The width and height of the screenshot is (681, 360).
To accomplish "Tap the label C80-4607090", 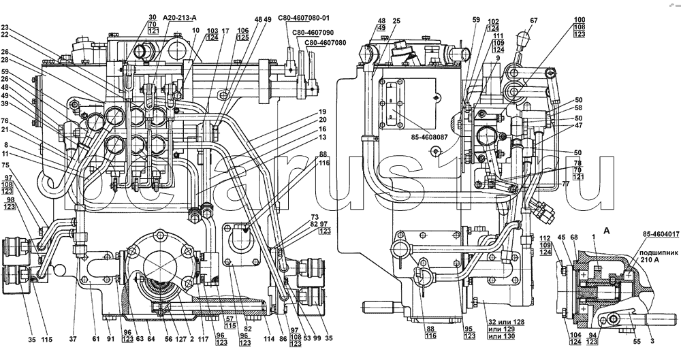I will (313, 32).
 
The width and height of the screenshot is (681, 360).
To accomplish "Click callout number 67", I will (534, 21).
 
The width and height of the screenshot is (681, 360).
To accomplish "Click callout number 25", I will (397, 21).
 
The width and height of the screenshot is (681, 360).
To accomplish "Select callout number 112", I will (537, 238).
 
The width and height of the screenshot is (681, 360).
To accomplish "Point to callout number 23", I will (5, 28).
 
